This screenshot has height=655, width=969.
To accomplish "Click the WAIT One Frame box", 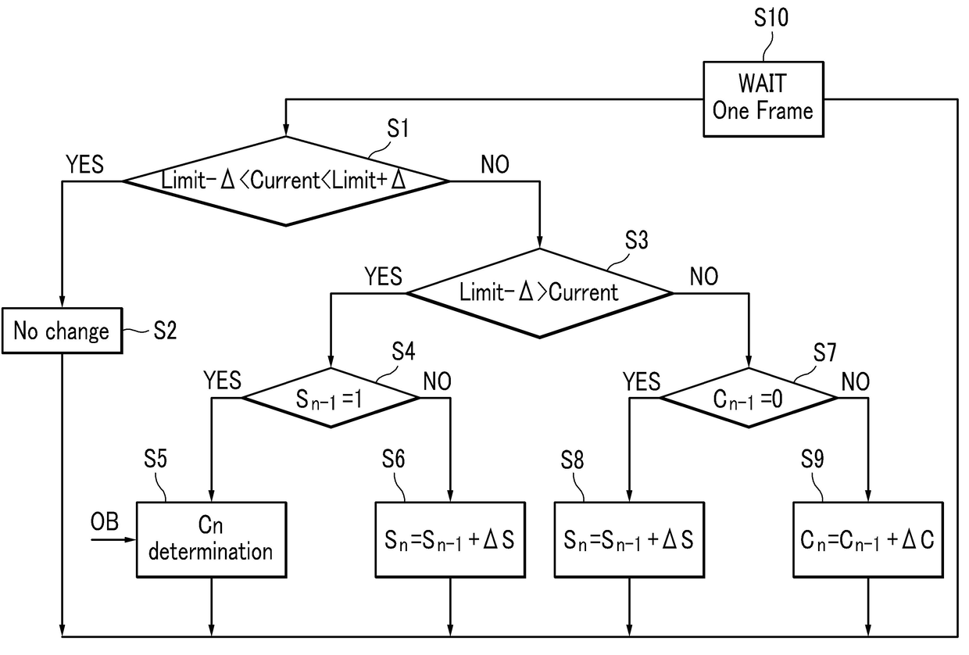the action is click(763, 99).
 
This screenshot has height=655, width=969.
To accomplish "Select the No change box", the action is click(63, 331).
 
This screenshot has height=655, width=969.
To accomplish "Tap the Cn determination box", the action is click(212, 539).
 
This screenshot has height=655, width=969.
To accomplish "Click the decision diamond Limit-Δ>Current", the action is click(539, 293).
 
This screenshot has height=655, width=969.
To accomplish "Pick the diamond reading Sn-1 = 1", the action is click(331, 398).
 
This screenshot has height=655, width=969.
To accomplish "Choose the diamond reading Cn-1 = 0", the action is click(749, 398).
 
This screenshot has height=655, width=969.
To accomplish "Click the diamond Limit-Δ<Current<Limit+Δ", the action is click(285, 181).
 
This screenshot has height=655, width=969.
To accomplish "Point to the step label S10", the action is click(771, 18).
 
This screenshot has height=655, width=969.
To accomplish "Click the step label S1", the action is click(398, 128).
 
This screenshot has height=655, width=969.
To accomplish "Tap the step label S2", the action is click(165, 331).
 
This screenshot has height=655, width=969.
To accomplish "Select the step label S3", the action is click(637, 240).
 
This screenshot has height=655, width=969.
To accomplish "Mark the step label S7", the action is click(825, 353).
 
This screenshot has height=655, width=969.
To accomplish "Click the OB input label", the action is click(105, 521).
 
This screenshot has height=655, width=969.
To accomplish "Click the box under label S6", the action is click(450, 539).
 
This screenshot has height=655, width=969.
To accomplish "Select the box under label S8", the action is click(629, 539).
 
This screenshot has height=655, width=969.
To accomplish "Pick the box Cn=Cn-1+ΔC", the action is click(868, 539).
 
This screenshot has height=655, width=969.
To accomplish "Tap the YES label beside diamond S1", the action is click(84, 164).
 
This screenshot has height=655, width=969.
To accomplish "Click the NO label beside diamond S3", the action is click(704, 276).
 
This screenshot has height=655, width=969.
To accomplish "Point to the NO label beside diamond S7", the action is click(855, 381).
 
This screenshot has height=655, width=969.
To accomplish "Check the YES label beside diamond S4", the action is click(223, 381).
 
